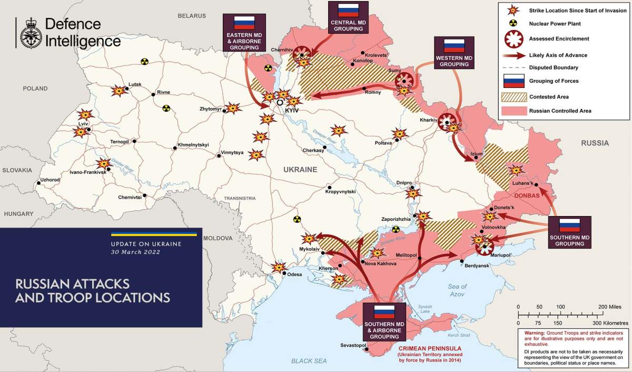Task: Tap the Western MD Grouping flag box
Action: point(453,53)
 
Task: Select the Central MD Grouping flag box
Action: point(348,18)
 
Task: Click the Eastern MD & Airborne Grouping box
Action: point(243,32)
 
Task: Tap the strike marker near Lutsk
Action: point(119,91)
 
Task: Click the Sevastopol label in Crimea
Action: point(353,345)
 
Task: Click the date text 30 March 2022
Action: point(135,252)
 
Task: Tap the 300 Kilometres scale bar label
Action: point(606,322)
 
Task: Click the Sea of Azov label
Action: point(458,290)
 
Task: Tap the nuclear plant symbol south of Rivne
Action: point(166,108)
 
